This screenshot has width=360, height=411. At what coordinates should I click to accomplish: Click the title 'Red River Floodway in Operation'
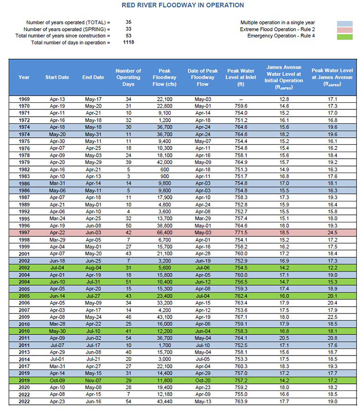click(x=183, y=5)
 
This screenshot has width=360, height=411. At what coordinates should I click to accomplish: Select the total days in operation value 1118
click(x=128, y=43)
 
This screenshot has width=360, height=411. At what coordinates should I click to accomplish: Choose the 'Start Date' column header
click(x=57, y=78)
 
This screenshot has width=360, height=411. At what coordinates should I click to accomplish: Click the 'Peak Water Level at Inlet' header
click(x=241, y=77)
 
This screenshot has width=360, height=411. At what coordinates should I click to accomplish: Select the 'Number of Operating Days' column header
click(x=128, y=77)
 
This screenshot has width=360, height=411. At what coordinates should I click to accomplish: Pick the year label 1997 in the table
click(x=24, y=232)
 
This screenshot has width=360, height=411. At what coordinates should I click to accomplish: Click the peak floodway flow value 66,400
click(x=165, y=232)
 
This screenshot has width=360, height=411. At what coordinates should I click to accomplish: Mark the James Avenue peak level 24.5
click(x=332, y=232)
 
